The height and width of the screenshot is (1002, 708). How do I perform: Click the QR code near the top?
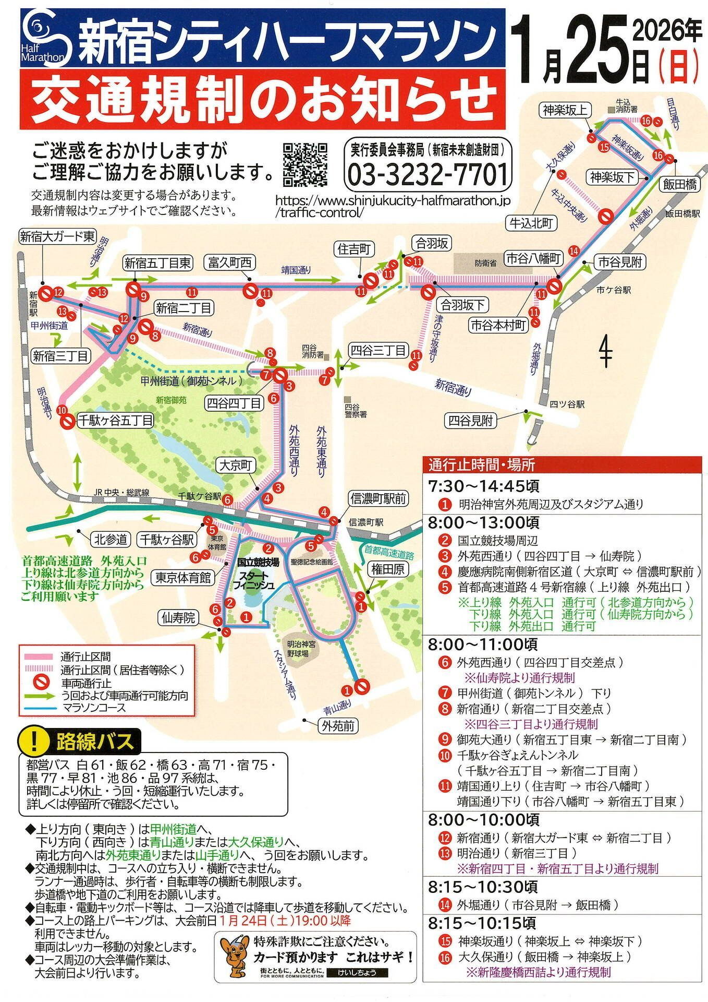305,164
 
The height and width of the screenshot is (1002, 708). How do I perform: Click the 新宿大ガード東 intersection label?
57,236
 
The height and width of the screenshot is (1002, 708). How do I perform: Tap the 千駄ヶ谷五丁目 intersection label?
115,420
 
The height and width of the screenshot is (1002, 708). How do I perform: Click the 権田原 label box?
388,569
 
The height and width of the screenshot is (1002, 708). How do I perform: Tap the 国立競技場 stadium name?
258,562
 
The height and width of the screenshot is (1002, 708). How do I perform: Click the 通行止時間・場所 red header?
481,464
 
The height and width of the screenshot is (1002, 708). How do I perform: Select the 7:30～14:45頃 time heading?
483,486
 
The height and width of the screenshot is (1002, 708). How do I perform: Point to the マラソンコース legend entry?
94,708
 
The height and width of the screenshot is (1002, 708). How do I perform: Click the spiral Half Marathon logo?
43,37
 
